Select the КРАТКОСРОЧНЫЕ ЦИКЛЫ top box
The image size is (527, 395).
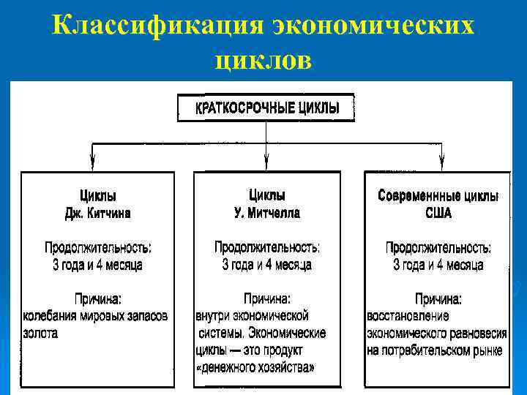pos(266,108)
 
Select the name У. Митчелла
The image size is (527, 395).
pos(266,214)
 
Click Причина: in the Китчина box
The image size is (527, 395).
pos(98,298)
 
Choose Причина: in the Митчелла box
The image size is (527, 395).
pos(266,298)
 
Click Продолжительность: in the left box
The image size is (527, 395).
pos(98,247)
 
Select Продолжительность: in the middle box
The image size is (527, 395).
pos(266,247)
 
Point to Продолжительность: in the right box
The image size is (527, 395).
pos(438,247)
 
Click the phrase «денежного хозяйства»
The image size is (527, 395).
pos(255,367)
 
